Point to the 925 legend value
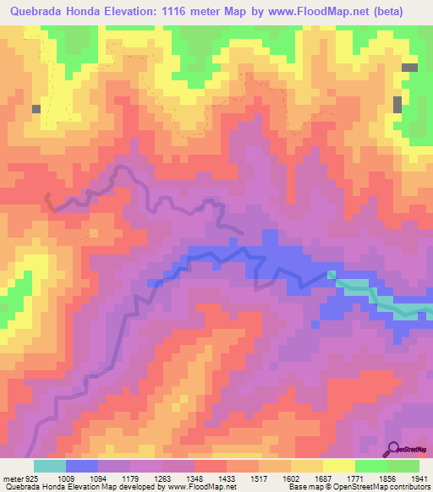(x=30, y=478)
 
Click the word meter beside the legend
(x=11, y=478)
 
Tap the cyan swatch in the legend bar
(x=50, y=466)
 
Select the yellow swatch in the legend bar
(x=338, y=466)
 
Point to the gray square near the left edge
(x=36, y=108)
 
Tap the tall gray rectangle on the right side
(x=397, y=105)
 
